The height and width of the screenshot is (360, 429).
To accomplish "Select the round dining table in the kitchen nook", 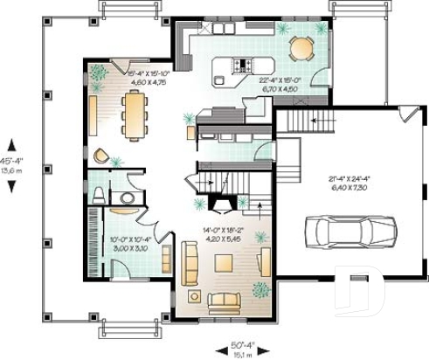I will click(x=301, y=45).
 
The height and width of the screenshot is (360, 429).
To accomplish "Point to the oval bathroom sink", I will click(x=128, y=198).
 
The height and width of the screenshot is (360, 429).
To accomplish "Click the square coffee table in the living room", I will click(x=224, y=263).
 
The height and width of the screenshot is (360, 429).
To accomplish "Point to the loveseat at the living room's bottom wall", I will click(x=224, y=301).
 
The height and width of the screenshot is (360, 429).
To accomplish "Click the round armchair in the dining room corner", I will click(x=101, y=158).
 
